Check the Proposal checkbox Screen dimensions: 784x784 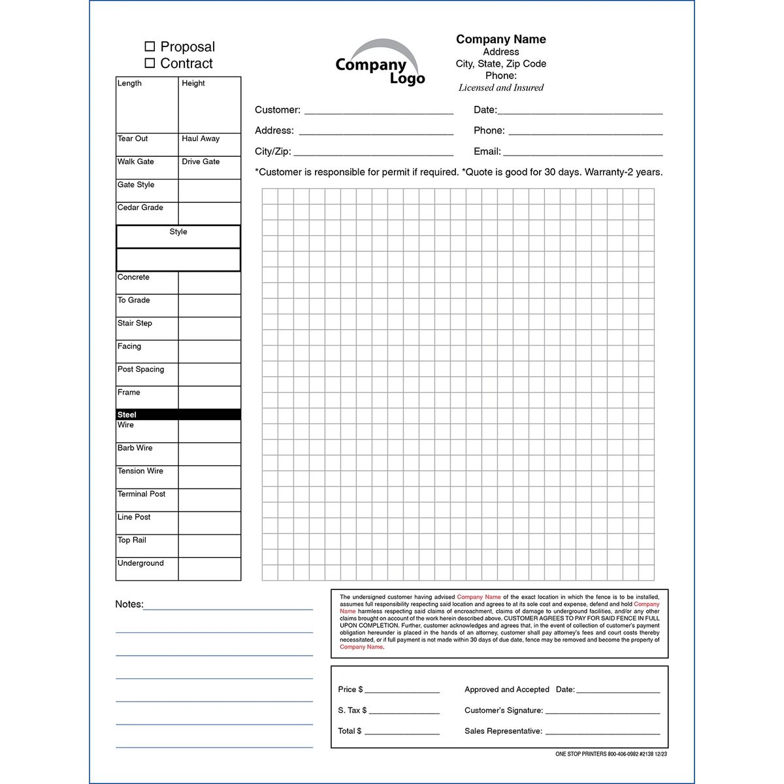click(x=150, y=46)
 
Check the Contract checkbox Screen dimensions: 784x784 click(x=150, y=63)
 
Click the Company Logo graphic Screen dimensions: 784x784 click(x=380, y=63)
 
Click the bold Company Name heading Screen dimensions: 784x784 click(x=500, y=39)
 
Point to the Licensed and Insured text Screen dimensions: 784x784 click(x=500, y=88)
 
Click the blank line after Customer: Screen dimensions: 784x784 click(x=379, y=111)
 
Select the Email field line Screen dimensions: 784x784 click(x=583, y=153)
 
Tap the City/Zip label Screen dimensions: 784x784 click(x=272, y=152)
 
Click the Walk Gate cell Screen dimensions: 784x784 click(x=146, y=167)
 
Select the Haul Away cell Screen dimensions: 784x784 click(x=209, y=144)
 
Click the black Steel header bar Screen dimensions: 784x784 click(x=178, y=415)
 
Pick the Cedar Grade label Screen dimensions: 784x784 click(x=140, y=208)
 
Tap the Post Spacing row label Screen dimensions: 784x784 click(x=140, y=370)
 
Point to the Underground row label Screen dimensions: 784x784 click(x=140, y=563)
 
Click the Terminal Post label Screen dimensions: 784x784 click(x=141, y=495)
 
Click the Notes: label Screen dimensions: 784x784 click(x=129, y=604)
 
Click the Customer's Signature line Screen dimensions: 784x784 click(x=602, y=711)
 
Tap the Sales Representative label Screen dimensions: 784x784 click(x=503, y=731)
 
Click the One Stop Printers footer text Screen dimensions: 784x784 click(x=612, y=754)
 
